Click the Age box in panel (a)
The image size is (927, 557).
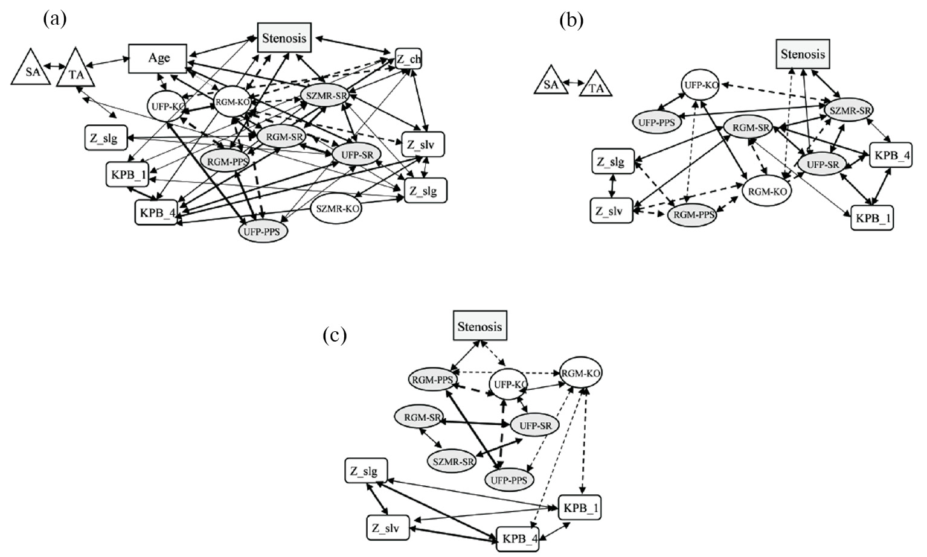tap(159, 59)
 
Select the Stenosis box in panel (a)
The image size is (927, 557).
tap(284, 38)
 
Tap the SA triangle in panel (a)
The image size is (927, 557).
tap(29, 67)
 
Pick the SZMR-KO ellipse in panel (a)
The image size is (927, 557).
tap(336, 209)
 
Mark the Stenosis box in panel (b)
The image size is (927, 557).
tap(802, 54)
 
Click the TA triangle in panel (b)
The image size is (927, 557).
tap(596, 88)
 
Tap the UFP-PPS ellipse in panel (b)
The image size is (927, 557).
tap(656, 121)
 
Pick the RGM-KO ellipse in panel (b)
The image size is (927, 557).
tap(767, 192)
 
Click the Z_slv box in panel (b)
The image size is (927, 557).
tap(612, 211)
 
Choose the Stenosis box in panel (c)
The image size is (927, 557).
tap(480, 327)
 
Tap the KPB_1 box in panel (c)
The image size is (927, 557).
tap(580, 508)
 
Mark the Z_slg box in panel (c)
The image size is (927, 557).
tap(366, 471)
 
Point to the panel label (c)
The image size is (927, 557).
tap(335, 335)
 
